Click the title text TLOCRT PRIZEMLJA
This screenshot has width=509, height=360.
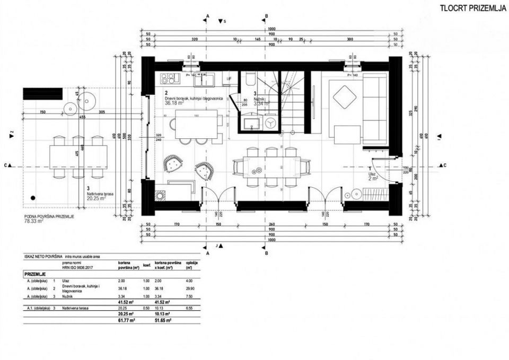[x=473, y=8]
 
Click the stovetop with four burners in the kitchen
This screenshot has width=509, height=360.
[x=170, y=78]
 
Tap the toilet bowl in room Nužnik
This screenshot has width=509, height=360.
[x=249, y=79]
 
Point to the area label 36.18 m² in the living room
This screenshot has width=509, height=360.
[x=175, y=103]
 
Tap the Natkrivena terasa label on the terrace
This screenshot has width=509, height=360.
[x=100, y=195]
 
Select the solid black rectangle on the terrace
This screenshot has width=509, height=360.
[x=42, y=94]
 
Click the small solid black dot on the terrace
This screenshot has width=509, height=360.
[x=33, y=197]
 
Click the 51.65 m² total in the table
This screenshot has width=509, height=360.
[x=163, y=321]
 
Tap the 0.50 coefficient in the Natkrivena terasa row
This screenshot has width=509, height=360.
[x=145, y=307]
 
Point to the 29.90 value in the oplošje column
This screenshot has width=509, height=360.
[x=190, y=288]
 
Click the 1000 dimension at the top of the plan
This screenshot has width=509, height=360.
[x=272, y=28]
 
